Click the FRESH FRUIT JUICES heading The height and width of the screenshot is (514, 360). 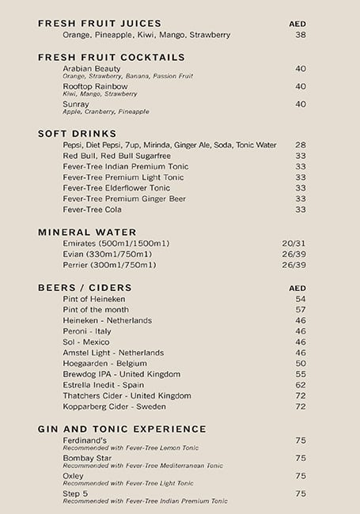point(99,24)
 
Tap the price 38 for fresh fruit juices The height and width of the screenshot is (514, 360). point(300,35)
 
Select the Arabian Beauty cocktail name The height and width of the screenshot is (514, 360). point(92,69)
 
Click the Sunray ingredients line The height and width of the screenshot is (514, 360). point(106,111)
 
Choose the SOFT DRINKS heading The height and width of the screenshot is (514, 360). point(78,134)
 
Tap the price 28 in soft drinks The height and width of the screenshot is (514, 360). point(300,145)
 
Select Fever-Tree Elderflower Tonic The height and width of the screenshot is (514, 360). point(116,188)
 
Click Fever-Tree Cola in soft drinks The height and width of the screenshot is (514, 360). point(93,210)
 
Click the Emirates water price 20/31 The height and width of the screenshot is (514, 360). point(294,243)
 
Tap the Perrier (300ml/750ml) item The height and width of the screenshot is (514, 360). point(109,265)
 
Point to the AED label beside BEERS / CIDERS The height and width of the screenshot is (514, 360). point(297,288)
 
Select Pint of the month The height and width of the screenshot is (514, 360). point(96,310)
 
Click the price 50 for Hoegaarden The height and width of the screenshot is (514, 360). point(300,364)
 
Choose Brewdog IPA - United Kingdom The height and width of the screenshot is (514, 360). point(122,374)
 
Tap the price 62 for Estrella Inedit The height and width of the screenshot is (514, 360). point(300,385)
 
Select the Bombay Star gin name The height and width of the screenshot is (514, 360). point(87,458)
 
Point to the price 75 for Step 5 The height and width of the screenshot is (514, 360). point(300,493)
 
